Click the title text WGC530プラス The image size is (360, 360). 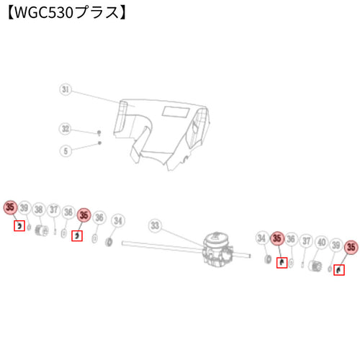(67, 13)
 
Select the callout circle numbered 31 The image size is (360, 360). (66, 89)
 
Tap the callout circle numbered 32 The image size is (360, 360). (66, 129)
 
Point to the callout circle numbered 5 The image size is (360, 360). (66, 151)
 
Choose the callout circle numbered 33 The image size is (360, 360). (155, 225)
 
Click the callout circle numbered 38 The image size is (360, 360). (39, 210)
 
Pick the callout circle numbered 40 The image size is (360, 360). (322, 242)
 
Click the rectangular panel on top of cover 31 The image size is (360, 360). (176, 112)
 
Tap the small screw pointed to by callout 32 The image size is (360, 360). (99, 132)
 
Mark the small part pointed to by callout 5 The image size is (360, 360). (99, 143)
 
